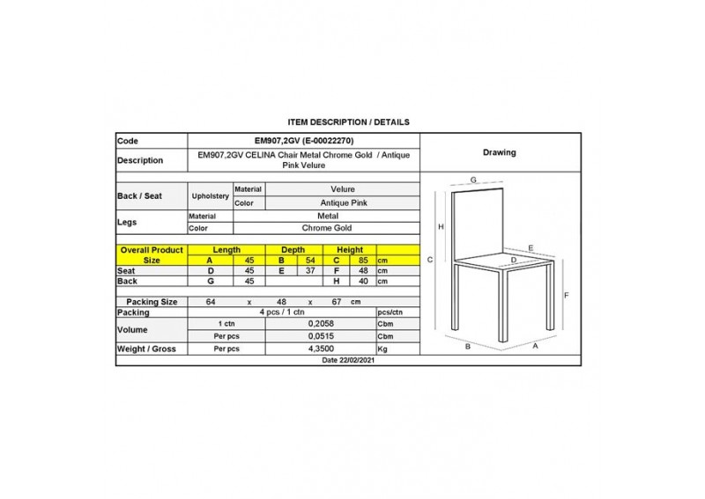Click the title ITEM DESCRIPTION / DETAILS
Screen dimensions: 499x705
348,121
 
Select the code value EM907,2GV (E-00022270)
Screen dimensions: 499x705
304,141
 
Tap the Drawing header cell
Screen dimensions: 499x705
500,152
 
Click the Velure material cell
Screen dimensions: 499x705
342,189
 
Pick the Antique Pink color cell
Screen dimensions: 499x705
342,202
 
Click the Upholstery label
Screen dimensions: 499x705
211,195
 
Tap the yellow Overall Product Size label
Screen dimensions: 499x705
152,255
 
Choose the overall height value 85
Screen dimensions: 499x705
362,261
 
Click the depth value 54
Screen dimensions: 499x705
308,261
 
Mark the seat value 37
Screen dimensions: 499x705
308,271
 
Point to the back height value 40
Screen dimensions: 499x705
362,282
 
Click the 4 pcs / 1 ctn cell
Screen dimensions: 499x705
281,312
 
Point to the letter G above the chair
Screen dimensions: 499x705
473,180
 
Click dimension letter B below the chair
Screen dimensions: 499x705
468,348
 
